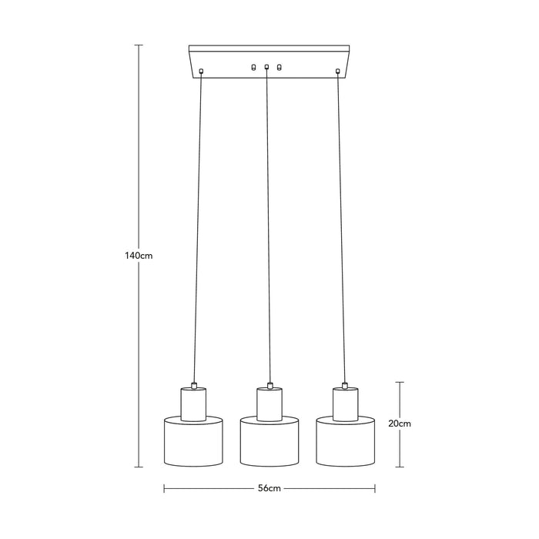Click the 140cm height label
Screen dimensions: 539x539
pyautogui.click(x=139, y=256)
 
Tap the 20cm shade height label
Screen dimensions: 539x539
pyautogui.click(x=400, y=423)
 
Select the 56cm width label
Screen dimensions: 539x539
pyautogui.click(x=269, y=488)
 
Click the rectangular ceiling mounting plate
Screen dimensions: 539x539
pyautogui.click(x=269, y=62)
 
